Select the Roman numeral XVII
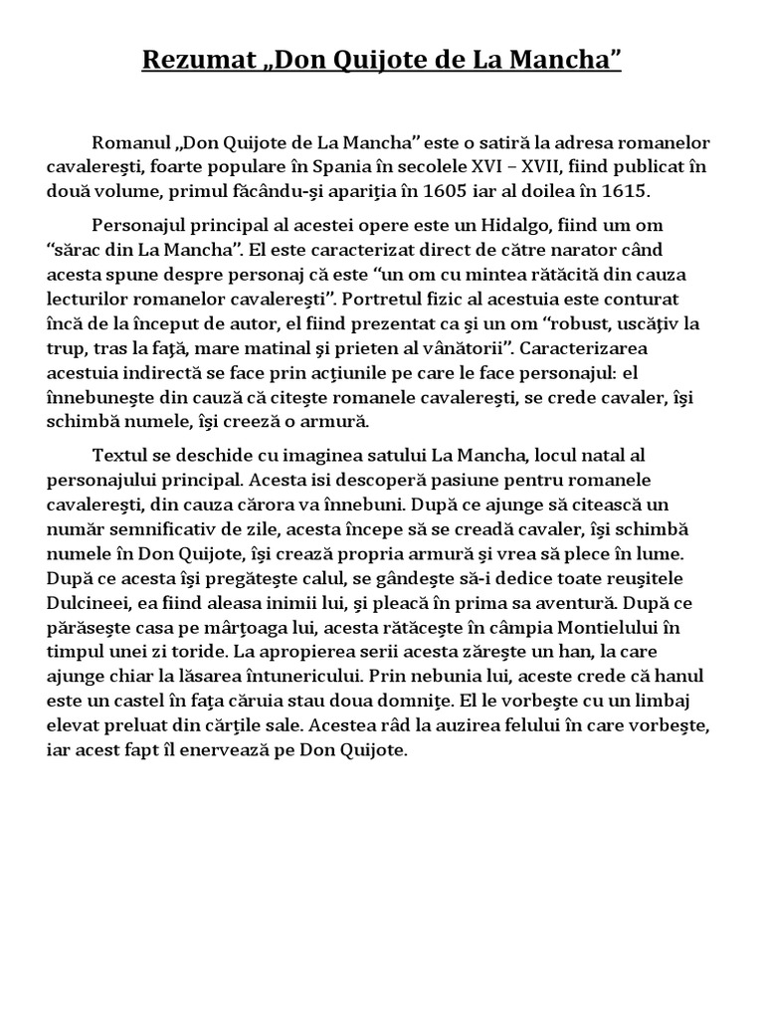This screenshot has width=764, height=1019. [536, 167]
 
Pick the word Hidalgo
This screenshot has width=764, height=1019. [482, 226]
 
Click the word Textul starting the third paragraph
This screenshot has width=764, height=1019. [118, 455]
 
